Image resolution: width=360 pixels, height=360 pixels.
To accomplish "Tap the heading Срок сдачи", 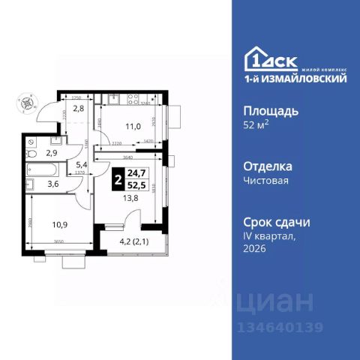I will (277, 222).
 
